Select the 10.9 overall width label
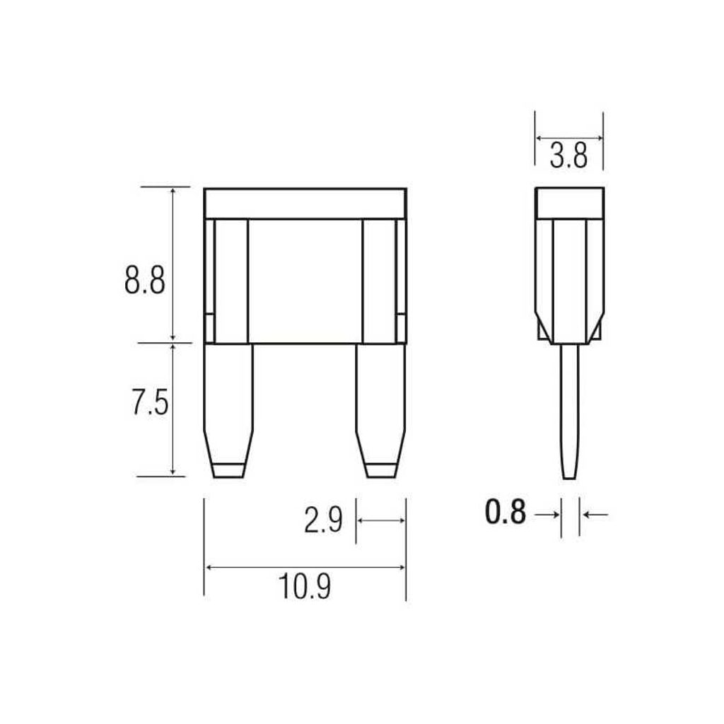[304, 586]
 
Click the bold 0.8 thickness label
[506, 513]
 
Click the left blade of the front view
[228, 411]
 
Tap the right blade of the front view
[381, 411]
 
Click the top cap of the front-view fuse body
[305, 203]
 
